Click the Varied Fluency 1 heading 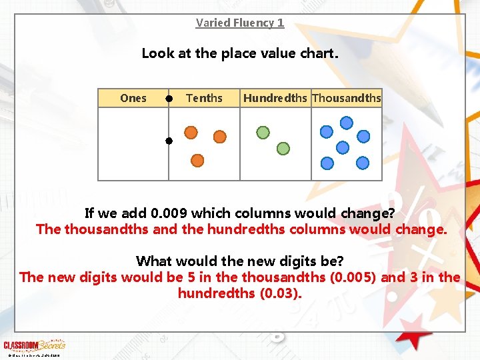(x=240, y=23)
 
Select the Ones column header (x=133, y=98)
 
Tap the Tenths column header (x=204, y=98)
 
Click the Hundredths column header (x=275, y=98)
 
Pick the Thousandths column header (x=347, y=98)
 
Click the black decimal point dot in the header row (x=169, y=99)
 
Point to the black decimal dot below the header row (x=169, y=141)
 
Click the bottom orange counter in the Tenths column (x=197, y=160)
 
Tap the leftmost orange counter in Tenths (x=191, y=132)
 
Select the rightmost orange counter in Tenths (x=219, y=136)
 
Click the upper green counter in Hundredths (x=263, y=132)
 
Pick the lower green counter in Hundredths (x=283, y=148)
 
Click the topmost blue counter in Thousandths (x=347, y=122)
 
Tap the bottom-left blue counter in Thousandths (x=327, y=163)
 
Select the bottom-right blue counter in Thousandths (x=362, y=163)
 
